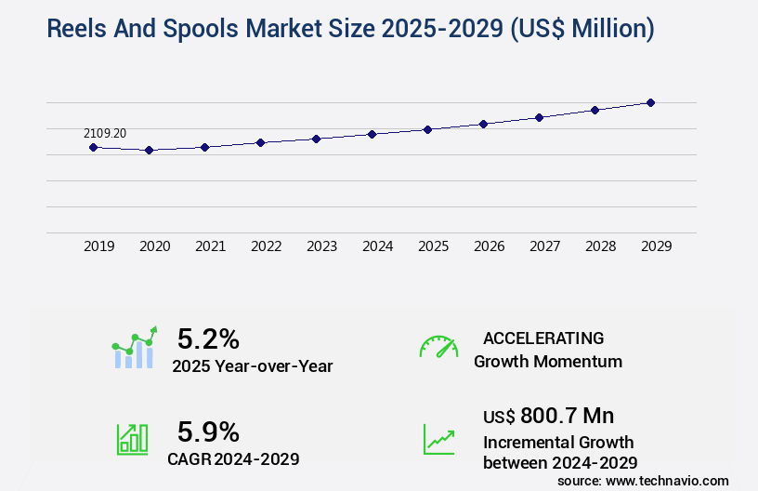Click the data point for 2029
coord(650,102)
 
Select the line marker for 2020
coord(149,150)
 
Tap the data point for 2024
coord(372,134)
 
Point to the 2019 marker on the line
coord(93,147)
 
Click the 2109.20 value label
coord(105,133)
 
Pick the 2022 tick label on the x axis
coord(266,246)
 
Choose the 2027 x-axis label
coord(544,246)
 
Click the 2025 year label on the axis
coord(433,246)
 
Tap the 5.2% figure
coord(208,339)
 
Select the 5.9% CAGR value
coord(208,431)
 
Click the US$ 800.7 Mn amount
coord(548,416)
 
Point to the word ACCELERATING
coord(543,338)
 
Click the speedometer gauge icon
coord(438,347)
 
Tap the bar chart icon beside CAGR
coord(132,439)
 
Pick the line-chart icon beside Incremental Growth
coord(438,439)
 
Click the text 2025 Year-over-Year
coord(252,366)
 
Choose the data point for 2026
coord(483,124)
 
